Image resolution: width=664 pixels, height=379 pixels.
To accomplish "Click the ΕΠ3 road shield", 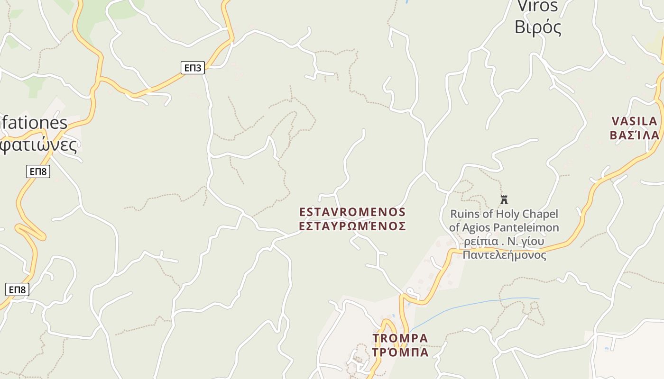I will coord(193,68).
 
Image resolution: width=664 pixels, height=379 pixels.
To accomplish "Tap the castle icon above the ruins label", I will coord(504,199).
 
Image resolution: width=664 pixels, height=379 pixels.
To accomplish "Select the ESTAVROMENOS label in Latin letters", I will coord(352,212).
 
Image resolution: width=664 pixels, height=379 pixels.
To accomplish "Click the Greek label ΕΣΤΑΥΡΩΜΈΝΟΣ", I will coord(352,226).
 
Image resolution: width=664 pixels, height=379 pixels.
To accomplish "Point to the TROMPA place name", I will coord(400,338).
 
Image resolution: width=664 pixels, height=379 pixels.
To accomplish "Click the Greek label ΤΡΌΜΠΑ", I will coord(400,352).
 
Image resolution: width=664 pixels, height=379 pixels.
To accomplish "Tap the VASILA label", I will coord(634,121).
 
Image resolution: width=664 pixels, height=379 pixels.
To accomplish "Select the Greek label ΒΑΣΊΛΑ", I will coord(634,135).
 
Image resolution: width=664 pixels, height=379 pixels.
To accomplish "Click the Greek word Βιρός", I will coord(538,27).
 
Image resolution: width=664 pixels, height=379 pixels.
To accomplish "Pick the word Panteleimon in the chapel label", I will coord(526,227).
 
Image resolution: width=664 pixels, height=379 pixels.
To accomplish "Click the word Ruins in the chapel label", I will coord(465,214).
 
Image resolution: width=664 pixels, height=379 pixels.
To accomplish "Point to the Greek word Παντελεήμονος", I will coord(504,255).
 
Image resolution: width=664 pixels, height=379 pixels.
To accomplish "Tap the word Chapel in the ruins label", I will coord(540,214).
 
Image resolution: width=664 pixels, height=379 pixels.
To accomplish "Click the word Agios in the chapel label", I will coord(476,227).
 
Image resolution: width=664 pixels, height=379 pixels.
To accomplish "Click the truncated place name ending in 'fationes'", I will coord(33,123).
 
